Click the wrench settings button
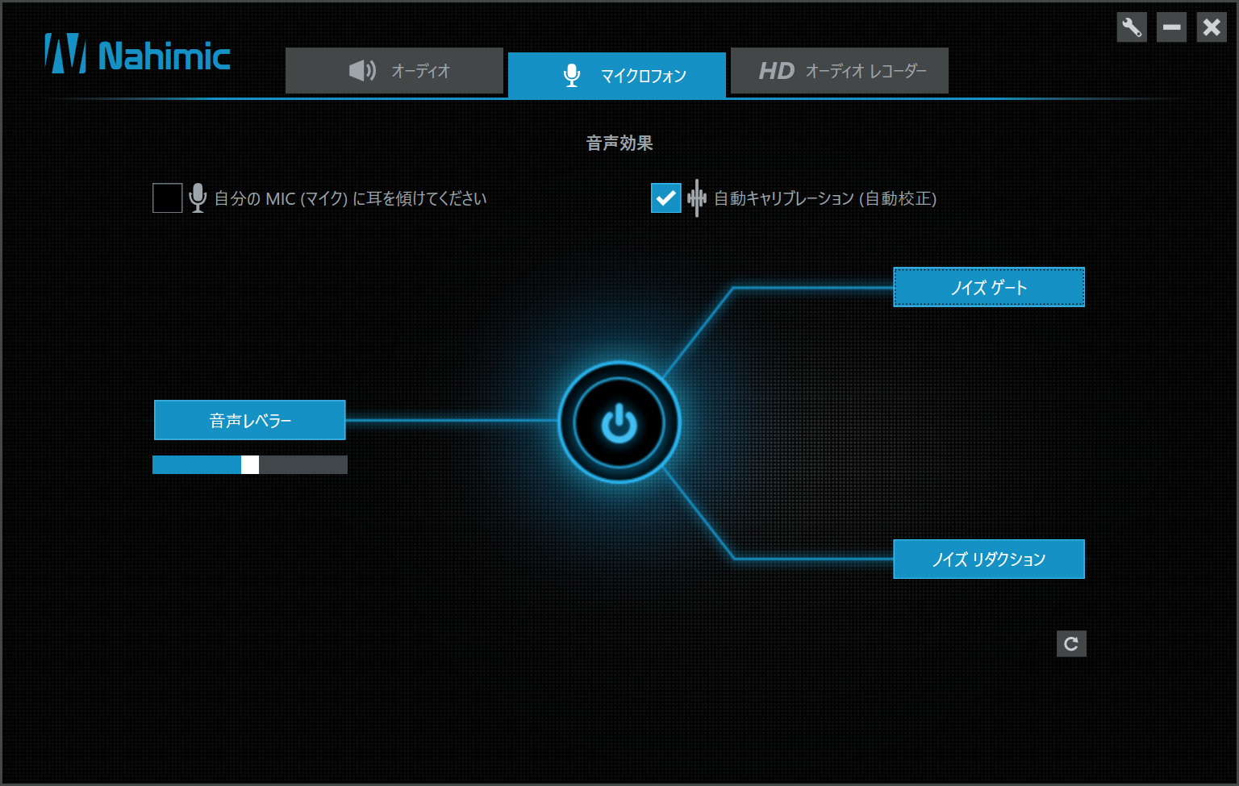click(x=1132, y=27)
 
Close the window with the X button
click(x=1212, y=27)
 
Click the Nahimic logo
click(x=137, y=54)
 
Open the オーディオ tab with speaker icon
click(x=394, y=71)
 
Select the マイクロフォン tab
click(x=617, y=75)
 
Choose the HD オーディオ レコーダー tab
click(x=840, y=71)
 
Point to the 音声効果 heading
click(x=619, y=143)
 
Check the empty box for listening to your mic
click(x=168, y=198)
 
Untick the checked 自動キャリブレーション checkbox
click(x=666, y=198)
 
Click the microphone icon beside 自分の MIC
click(x=198, y=198)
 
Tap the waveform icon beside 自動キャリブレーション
click(x=697, y=198)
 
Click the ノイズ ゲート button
click(x=989, y=288)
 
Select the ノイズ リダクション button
click(x=989, y=559)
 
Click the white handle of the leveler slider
click(x=250, y=465)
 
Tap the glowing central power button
click(x=619, y=423)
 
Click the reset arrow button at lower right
click(x=1071, y=644)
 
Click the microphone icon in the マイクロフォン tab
click(x=572, y=75)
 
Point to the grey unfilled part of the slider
click(x=303, y=465)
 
